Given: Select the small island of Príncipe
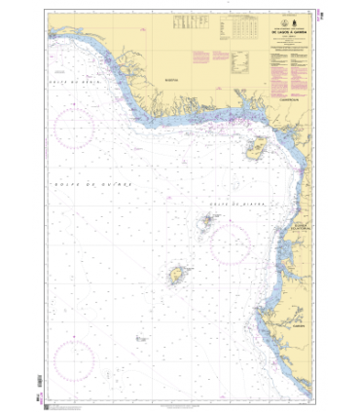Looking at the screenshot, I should (207, 222).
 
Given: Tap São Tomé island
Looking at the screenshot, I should (179, 276).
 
